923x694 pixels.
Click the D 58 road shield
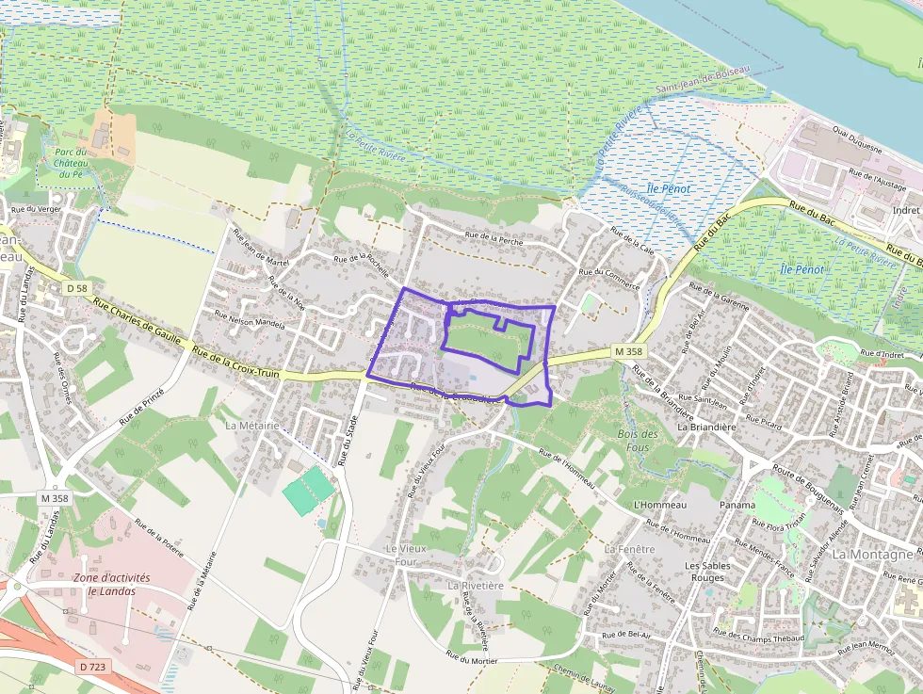coord(76,286)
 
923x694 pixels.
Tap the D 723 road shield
coord(92,667)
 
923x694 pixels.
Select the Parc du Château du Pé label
coord(71,163)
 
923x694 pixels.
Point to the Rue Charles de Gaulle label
coord(140,329)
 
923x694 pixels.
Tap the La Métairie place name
coord(251,426)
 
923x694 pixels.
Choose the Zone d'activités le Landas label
coord(105,584)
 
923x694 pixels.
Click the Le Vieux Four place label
coord(400,555)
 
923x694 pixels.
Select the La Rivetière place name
coord(476,585)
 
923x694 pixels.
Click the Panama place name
coord(737,505)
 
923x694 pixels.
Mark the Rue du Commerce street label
coord(609,279)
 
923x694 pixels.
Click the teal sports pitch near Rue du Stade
coord(309,491)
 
